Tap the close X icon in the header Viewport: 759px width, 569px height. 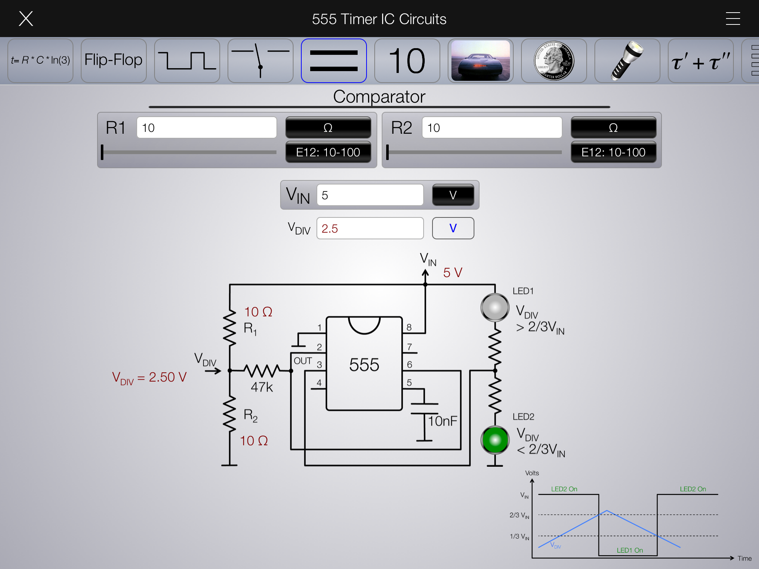[x=26, y=19]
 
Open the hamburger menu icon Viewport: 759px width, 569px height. [x=733, y=19]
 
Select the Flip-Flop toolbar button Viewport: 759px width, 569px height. [x=113, y=60]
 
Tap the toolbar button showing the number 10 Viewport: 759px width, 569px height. [x=407, y=60]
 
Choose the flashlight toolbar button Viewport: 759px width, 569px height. [x=627, y=60]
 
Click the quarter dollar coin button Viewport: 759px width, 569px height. [x=554, y=60]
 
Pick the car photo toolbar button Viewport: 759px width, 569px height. [x=480, y=60]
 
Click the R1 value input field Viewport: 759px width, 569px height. [x=206, y=128]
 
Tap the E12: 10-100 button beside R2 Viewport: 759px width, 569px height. [x=613, y=152]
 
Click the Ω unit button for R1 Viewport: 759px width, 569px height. [x=328, y=128]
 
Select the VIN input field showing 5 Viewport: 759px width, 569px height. [x=370, y=195]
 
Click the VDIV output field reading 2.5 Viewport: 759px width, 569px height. [x=370, y=229]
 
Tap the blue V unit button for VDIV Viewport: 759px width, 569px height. [x=453, y=228]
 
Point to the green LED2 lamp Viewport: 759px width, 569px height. [x=495, y=440]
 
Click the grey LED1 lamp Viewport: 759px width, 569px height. [x=495, y=307]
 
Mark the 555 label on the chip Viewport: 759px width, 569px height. [x=364, y=365]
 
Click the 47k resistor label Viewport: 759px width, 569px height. [x=262, y=387]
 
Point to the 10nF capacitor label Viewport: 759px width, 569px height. [x=443, y=421]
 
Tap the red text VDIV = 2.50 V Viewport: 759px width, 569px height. [x=149, y=377]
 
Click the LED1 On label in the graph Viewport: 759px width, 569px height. [x=630, y=550]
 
